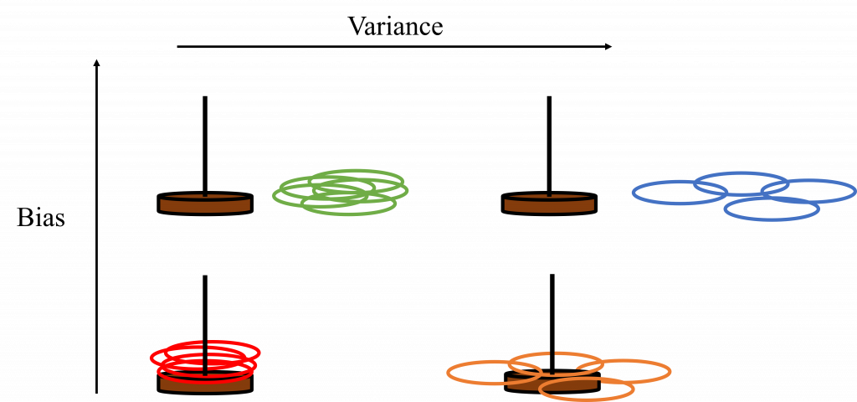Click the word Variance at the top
point(395,26)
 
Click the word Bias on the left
point(41,219)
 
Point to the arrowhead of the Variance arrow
point(609,48)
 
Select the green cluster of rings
point(341,192)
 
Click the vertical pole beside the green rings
point(205,142)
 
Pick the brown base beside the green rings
point(205,204)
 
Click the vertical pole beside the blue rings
point(549,142)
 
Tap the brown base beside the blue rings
point(549,204)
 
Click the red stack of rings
point(205,358)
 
